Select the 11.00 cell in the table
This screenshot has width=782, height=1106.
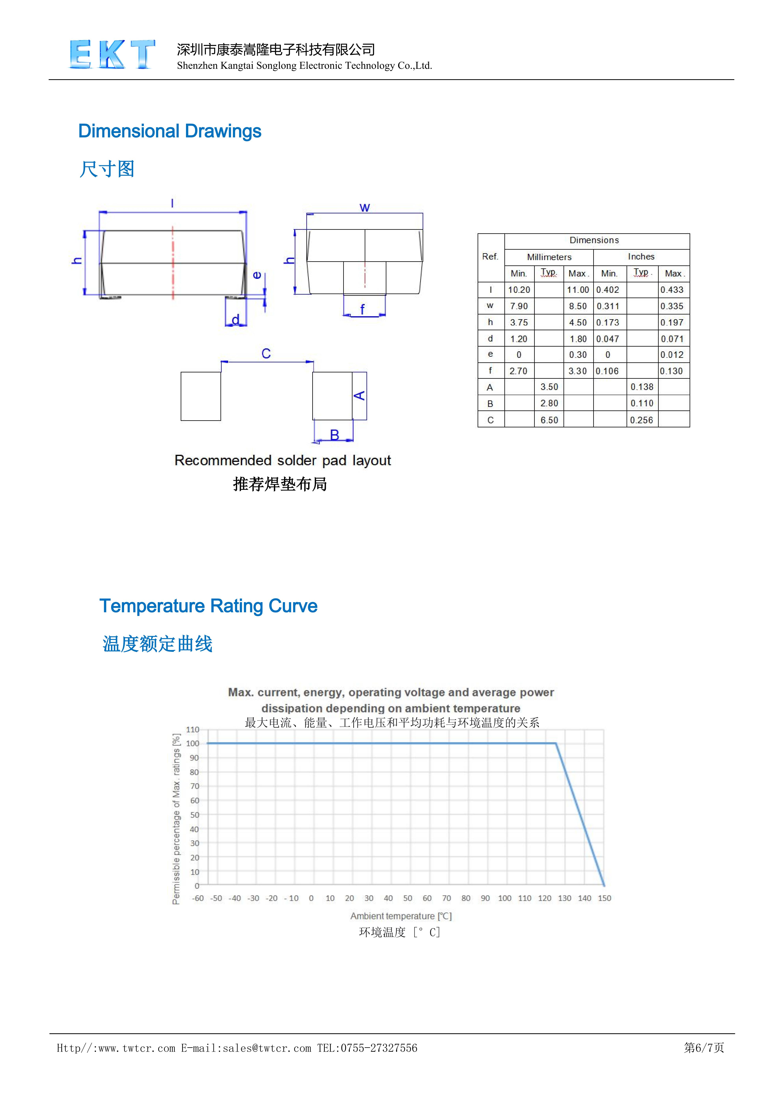point(578,289)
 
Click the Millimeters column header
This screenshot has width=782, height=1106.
point(549,257)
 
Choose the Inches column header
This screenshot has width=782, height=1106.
point(641,256)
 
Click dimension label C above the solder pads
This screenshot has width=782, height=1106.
point(266,353)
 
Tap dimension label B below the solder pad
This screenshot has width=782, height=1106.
point(334,435)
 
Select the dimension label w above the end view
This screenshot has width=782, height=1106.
point(364,208)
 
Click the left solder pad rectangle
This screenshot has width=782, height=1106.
point(201,396)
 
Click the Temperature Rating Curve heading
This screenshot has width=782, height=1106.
point(208,606)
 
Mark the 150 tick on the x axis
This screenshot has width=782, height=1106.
point(604,898)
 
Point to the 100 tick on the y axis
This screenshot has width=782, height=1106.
point(193,743)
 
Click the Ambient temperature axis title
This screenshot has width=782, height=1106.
point(401,916)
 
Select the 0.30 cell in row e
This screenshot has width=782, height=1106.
point(578,354)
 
